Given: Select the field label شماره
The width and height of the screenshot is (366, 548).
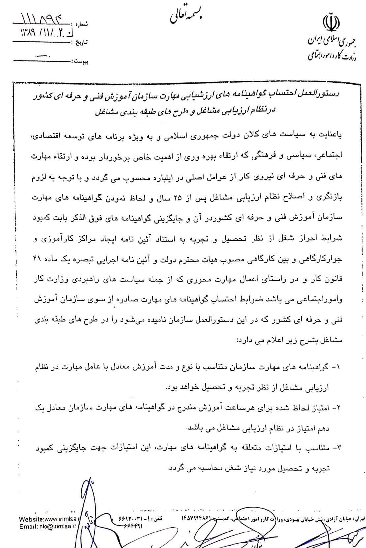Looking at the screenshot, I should tap(82, 24).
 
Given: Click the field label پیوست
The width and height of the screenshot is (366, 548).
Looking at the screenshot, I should tap(81, 61).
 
